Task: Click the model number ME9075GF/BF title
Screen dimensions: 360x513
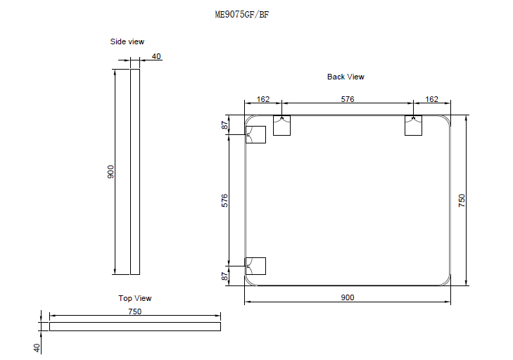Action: [x=241, y=15]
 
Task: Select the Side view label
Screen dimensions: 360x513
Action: [x=127, y=41]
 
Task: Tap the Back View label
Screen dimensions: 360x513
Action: [x=346, y=77]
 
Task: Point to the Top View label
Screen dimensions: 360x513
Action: [x=134, y=298]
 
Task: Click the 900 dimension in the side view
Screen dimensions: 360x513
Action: [x=110, y=172]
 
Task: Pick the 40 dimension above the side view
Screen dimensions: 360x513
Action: [x=156, y=57]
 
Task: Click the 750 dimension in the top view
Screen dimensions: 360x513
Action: [x=134, y=311]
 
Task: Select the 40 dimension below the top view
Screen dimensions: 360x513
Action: [x=37, y=347]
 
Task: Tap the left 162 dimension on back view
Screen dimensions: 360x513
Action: [x=263, y=99]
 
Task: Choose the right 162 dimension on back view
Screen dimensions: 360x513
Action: [x=432, y=99]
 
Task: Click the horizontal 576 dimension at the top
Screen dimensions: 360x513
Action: [x=347, y=99]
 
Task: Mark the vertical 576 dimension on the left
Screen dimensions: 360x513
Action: [x=224, y=200]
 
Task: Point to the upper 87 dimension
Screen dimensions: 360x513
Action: [x=224, y=125]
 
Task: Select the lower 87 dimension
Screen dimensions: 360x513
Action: [x=224, y=276]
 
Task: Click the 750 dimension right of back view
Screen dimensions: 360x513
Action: [x=462, y=200]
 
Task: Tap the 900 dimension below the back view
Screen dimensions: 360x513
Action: [x=347, y=297]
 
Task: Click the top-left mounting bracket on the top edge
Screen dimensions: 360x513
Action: [x=281, y=126]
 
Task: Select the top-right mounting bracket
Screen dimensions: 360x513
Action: [x=413, y=126]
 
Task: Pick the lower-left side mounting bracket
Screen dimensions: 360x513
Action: [x=255, y=266]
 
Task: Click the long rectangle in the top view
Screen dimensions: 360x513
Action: [x=134, y=326]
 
